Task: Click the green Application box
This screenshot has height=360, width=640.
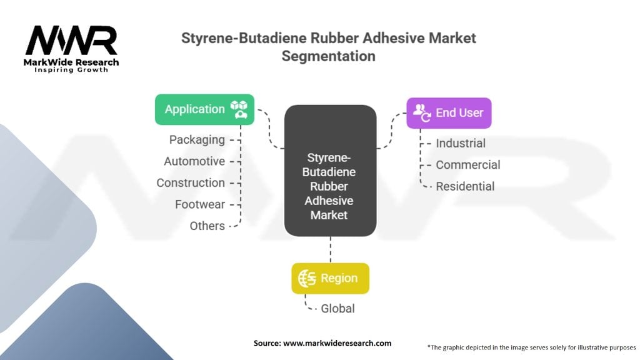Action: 204,109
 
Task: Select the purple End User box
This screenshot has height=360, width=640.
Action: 449,113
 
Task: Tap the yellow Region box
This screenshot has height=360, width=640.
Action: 330,278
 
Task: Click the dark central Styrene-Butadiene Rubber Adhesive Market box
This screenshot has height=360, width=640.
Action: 330,170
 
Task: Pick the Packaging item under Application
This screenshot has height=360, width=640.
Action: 197,140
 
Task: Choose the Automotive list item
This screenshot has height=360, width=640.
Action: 194,161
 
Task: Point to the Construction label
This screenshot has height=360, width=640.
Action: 191,182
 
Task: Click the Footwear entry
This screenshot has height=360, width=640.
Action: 200,204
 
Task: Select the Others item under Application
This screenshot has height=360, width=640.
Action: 207,226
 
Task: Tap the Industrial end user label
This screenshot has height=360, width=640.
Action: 461,143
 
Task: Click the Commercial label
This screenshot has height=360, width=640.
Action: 468,165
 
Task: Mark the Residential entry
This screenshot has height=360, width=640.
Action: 465,186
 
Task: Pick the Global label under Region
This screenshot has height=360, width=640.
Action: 337,308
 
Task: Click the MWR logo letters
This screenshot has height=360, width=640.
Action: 71,41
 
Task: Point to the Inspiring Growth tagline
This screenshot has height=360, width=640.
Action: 71,69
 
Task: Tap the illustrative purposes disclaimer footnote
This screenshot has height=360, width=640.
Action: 531,346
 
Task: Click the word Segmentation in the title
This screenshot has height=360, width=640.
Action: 329,56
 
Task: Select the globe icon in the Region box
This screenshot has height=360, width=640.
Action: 307,278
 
